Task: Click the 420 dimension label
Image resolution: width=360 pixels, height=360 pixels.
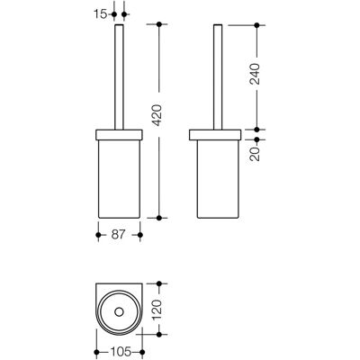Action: click(x=158, y=115)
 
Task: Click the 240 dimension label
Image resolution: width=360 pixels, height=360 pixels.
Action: click(x=256, y=74)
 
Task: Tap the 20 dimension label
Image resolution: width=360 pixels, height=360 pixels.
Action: click(x=256, y=154)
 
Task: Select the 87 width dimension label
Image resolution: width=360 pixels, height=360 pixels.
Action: click(x=118, y=235)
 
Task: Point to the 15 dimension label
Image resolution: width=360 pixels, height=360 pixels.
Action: click(x=101, y=14)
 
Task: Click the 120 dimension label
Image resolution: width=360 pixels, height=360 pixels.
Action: click(x=158, y=309)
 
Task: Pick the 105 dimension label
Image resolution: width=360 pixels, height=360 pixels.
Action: click(x=121, y=352)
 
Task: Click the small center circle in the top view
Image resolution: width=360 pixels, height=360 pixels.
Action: click(x=119, y=313)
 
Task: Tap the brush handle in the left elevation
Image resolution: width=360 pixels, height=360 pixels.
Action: click(x=119, y=76)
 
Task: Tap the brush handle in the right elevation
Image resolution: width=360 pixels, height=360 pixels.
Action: click(x=218, y=76)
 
